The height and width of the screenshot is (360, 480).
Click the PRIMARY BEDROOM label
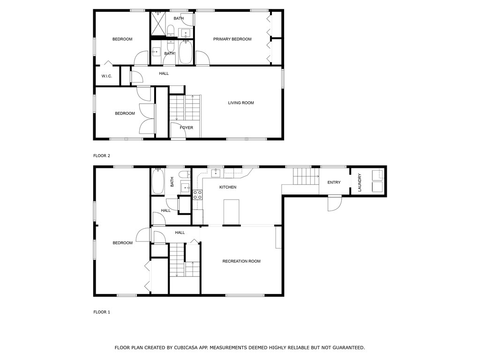(x=232, y=39)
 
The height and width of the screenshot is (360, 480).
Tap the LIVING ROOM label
(x=241, y=103)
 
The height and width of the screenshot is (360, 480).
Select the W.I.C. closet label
(x=106, y=76)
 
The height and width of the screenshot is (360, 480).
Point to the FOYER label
(x=187, y=127)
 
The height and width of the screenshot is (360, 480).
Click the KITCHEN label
(x=228, y=187)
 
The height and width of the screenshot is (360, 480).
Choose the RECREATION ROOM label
(x=241, y=261)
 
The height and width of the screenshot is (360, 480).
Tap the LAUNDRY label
(x=360, y=182)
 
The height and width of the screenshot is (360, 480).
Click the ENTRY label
(x=334, y=182)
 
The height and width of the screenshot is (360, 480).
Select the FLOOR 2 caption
(x=102, y=156)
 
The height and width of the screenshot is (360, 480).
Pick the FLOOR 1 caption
(x=102, y=312)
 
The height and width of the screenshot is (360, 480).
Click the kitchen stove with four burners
(x=197, y=195)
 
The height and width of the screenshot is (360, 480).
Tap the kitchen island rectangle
(x=232, y=212)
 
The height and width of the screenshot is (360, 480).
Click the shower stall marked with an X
(x=158, y=24)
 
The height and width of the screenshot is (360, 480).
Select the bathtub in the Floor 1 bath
(x=158, y=181)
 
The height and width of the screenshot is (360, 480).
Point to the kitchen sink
(x=216, y=172)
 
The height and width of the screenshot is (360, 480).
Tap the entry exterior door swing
(x=334, y=203)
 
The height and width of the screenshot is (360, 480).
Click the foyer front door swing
(x=178, y=130)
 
